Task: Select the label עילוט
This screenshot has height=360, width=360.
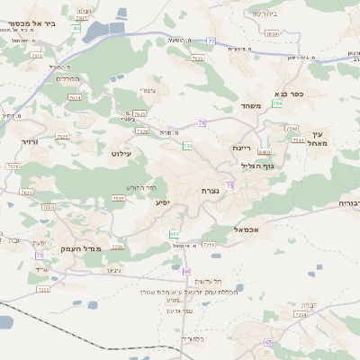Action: point(121,155)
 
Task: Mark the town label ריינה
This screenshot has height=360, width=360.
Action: point(242,147)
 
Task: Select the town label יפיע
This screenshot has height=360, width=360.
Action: point(162,203)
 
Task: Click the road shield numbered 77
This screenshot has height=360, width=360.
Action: point(210,40)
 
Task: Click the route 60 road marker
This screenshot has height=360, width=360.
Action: point(187,271)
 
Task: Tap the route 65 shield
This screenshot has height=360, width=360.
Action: point(268,343)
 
